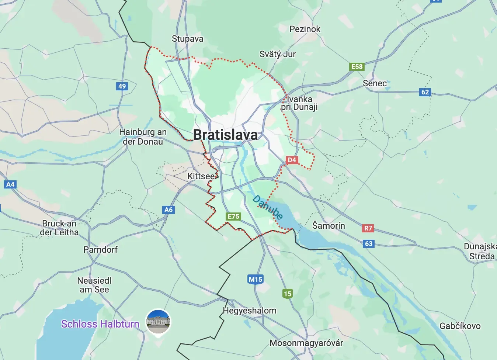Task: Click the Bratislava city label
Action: [x=225, y=135]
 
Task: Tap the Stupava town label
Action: [x=187, y=39]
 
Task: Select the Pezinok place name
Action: [x=305, y=29]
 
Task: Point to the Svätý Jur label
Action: [x=278, y=54]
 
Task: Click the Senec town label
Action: [x=375, y=83]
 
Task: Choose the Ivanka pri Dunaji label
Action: [x=299, y=103]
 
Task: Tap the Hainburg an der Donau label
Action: [x=143, y=137]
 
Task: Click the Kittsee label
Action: [x=201, y=176]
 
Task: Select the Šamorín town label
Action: [x=329, y=225]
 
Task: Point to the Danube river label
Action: [x=268, y=207]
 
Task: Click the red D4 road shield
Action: [x=292, y=160]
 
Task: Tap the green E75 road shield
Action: [x=233, y=217]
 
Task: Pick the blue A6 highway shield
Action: [x=168, y=210]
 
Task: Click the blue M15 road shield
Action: [x=255, y=279]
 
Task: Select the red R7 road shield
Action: [x=368, y=228]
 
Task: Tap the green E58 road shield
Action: [x=357, y=67]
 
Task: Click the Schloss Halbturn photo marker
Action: [x=158, y=321]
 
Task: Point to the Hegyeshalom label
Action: [x=250, y=311]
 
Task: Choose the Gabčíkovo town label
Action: [x=460, y=326]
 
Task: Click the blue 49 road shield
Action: [x=122, y=86]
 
